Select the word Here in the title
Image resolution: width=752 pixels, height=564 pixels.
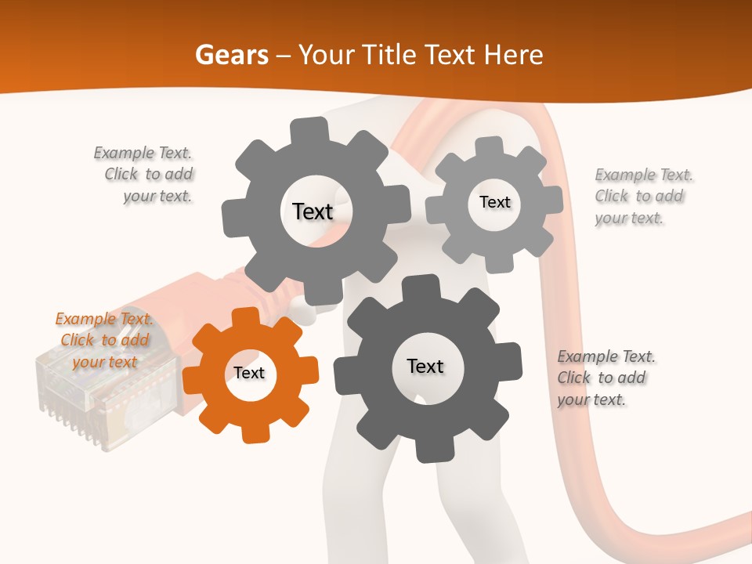(x=514, y=55)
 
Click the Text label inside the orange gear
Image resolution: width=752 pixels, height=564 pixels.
(x=249, y=374)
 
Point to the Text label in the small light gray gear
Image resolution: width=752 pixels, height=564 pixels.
(x=494, y=202)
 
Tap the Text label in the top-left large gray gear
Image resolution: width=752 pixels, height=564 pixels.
(x=313, y=211)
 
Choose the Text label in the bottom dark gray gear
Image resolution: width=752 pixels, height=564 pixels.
(x=425, y=367)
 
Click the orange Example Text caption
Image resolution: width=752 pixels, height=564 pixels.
(x=104, y=340)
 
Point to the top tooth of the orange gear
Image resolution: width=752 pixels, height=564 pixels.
(x=244, y=316)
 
